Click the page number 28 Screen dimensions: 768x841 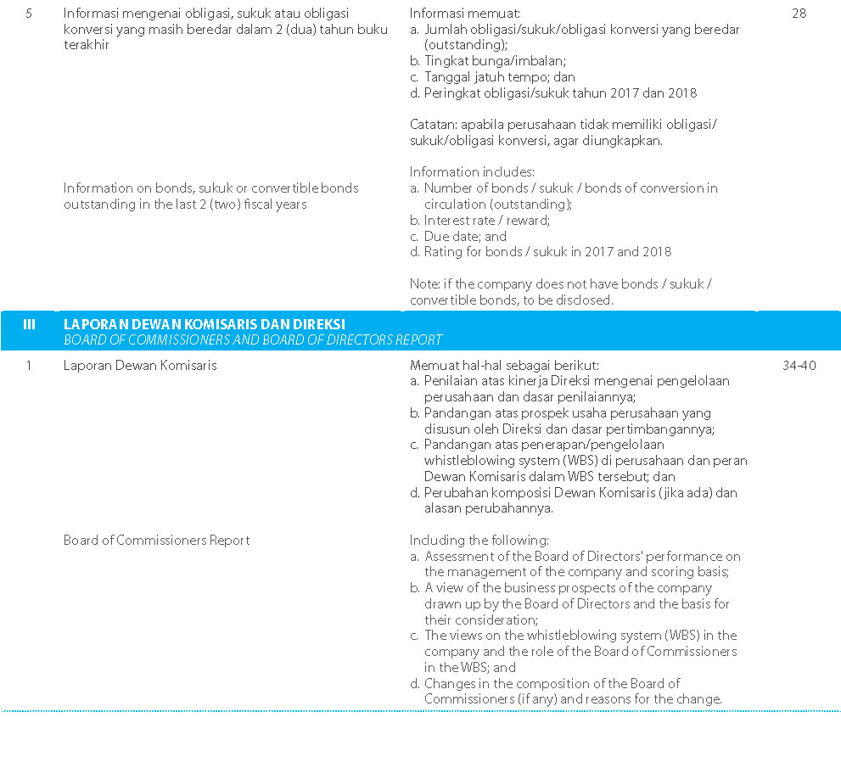pos(799,14)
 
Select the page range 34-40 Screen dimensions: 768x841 pos(799,366)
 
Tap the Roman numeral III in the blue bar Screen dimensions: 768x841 pos(29,324)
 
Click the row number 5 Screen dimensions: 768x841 pos(29,14)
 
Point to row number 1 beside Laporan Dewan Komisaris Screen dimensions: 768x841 pos(29,366)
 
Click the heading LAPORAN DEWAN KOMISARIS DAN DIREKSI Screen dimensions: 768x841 pos(205,324)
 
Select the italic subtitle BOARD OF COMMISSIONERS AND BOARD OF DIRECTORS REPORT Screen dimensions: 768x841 pos(253,339)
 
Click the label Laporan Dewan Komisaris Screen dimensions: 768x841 pos(140,366)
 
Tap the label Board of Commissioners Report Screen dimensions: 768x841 pos(156,540)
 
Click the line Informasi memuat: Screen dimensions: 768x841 pos(465,14)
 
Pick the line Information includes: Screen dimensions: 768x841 pos(472,171)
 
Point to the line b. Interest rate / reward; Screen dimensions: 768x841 pos(480,220)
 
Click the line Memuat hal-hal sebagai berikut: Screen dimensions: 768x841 pos(504,366)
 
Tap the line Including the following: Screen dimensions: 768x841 pos(479,540)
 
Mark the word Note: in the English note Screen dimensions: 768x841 pos(425,283)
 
